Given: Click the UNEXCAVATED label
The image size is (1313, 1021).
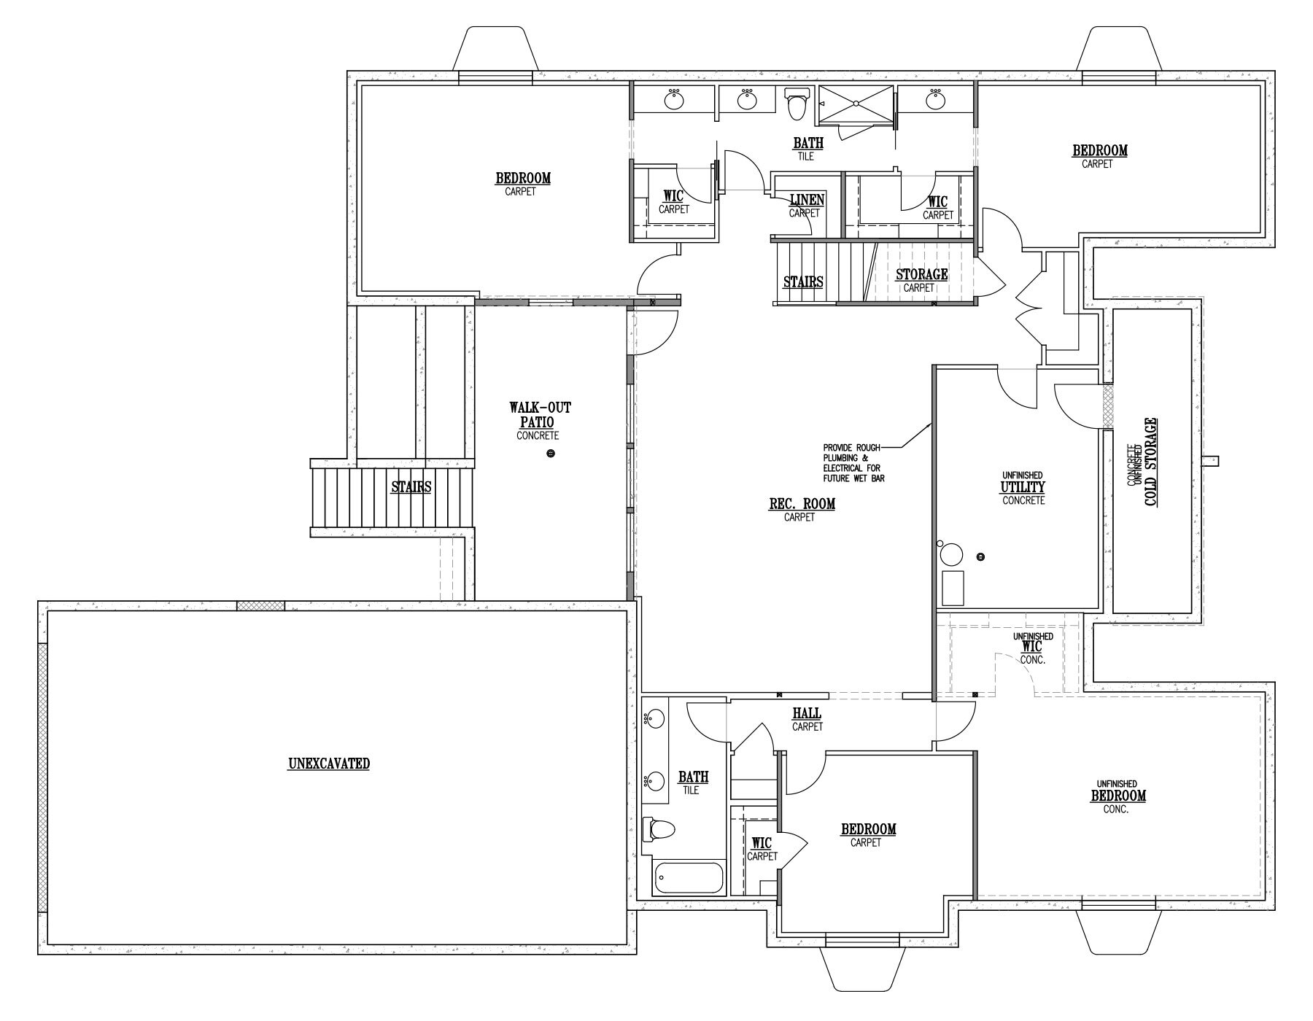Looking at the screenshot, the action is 329,764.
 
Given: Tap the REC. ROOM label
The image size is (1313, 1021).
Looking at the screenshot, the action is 802,503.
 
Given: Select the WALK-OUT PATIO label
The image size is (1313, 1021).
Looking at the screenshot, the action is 540,415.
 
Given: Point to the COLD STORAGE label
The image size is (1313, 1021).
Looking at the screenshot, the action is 1150,462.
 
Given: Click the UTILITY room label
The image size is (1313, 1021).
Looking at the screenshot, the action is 1023,487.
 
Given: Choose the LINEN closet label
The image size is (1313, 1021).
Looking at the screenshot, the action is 807,200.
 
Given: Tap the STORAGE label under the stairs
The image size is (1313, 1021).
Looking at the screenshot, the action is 921,274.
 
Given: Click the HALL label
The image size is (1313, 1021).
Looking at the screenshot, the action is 806,713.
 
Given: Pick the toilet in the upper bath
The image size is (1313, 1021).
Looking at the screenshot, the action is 798,104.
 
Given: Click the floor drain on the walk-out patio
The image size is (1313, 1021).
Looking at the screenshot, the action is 551,454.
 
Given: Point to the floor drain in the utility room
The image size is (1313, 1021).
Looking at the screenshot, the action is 980,557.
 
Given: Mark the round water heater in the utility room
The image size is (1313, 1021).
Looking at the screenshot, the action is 951,555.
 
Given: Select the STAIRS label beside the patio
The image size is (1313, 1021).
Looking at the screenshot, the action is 411,486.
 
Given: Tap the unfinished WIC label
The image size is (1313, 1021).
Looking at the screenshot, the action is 1032,646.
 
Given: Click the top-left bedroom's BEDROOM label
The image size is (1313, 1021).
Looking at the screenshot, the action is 523,178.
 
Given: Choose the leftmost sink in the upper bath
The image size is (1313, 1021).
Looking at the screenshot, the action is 674,101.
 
